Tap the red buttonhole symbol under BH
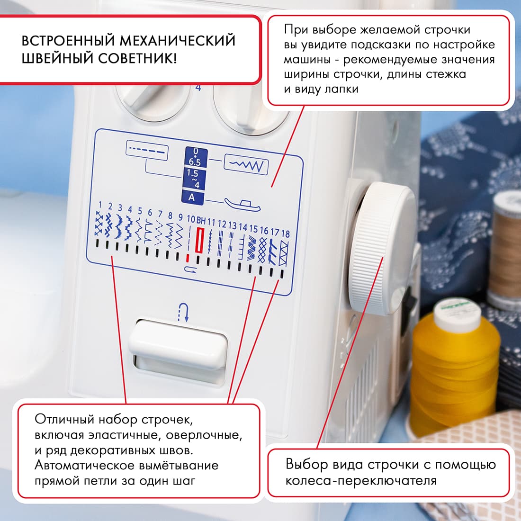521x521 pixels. tap(200, 240)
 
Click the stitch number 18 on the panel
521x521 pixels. tap(285, 234)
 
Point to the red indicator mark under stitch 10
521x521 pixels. tap(188, 258)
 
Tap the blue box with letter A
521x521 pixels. tap(192, 198)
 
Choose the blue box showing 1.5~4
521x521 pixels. tap(193, 179)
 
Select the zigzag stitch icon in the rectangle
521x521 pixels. tap(246, 165)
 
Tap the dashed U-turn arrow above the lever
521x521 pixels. tap(183, 313)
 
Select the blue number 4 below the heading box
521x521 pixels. tap(198, 88)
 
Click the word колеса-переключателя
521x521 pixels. tap(360, 481)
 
